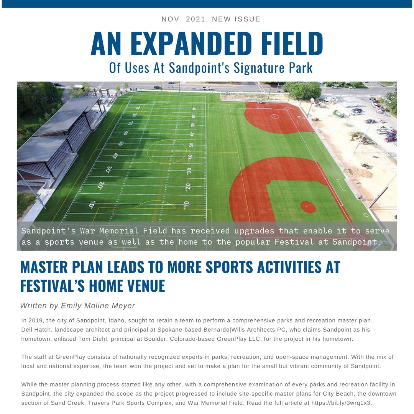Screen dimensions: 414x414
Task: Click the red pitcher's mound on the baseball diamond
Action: (308, 207)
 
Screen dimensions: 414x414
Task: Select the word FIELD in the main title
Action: (294, 44)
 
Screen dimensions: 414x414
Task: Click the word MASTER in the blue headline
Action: (45, 268)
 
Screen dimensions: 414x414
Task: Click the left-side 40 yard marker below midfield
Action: (115, 156)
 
